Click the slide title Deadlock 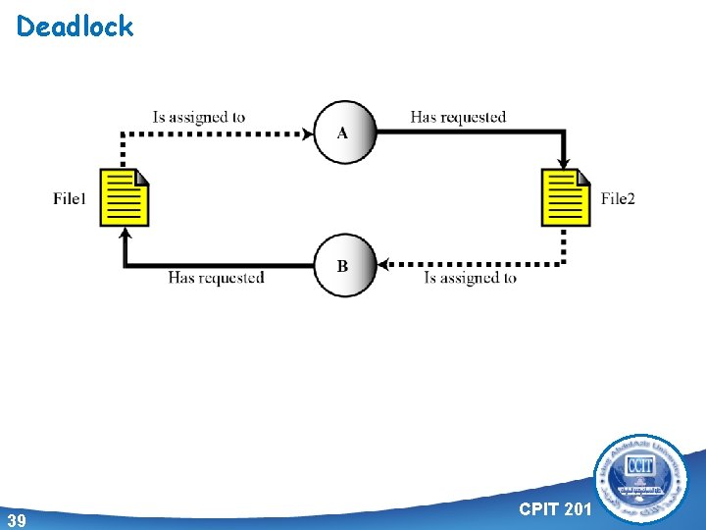75,26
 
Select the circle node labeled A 345,132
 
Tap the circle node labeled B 345,265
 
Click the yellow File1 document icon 125,197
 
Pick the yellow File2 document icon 566,197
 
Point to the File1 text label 71,199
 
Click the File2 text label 618,199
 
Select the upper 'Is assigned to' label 199,118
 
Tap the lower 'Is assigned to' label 470,278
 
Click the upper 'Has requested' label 458,118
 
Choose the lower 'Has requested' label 216,278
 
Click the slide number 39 16,519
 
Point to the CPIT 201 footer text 556,508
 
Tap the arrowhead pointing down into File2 565,163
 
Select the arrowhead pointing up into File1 125,233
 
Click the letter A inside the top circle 342,133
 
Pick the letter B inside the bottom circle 342,266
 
